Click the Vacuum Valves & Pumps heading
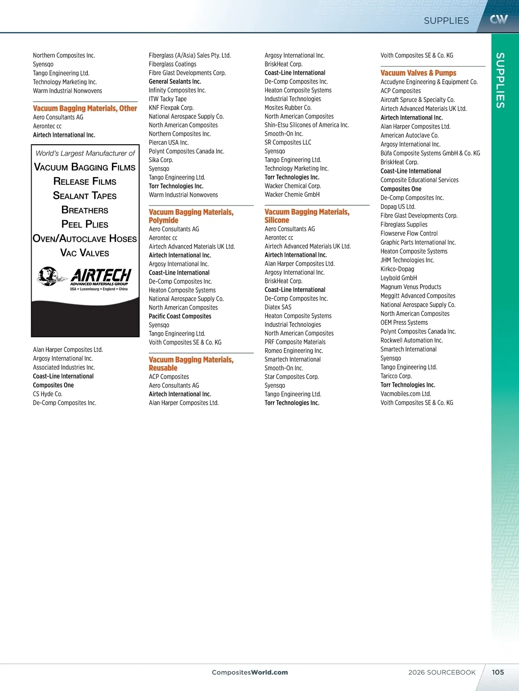click(418, 73)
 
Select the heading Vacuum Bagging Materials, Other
click(85, 108)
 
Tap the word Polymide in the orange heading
click(163, 220)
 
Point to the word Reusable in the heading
click(163, 368)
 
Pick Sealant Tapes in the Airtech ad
click(85, 196)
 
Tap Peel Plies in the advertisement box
click(85, 224)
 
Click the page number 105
click(498, 672)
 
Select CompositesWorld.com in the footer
click(250, 672)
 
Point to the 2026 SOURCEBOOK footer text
click(442, 672)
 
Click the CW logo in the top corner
click(498, 19)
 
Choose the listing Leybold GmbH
click(399, 278)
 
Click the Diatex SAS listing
click(278, 307)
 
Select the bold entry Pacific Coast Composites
click(180, 316)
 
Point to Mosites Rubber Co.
click(288, 108)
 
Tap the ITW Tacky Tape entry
click(168, 99)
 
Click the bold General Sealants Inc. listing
click(175, 82)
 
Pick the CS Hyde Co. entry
click(48, 394)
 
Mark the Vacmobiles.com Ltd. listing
click(406, 394)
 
